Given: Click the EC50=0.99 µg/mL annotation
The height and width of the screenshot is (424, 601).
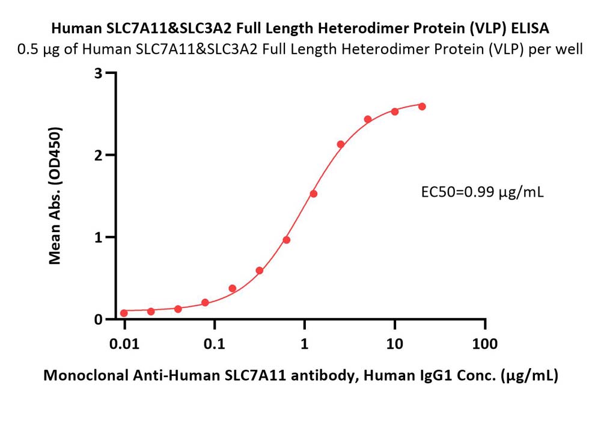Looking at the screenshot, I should pos(482,192).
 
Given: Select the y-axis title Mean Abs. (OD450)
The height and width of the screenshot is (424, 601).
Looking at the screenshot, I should pos(56,196).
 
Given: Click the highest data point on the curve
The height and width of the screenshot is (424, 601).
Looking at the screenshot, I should pos(422,106).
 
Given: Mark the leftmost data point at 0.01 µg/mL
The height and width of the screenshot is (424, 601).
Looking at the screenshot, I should pos(124,313).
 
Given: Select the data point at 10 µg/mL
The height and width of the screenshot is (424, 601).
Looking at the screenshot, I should pos(395,111).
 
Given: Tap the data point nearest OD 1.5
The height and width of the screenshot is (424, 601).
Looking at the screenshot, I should pos(313,194).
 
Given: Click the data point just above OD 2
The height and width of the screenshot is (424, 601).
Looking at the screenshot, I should pos(341,144).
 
